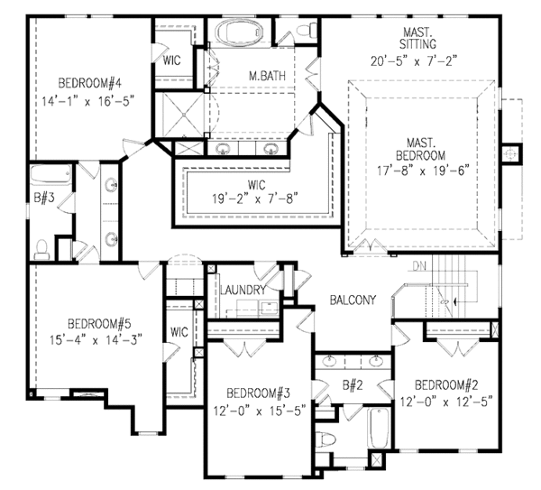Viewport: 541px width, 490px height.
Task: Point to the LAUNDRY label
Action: click(x=242, y=290)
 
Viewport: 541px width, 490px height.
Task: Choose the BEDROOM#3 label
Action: click(x=257, y=393)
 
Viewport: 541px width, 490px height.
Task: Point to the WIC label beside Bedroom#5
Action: click(x=179, y=332)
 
